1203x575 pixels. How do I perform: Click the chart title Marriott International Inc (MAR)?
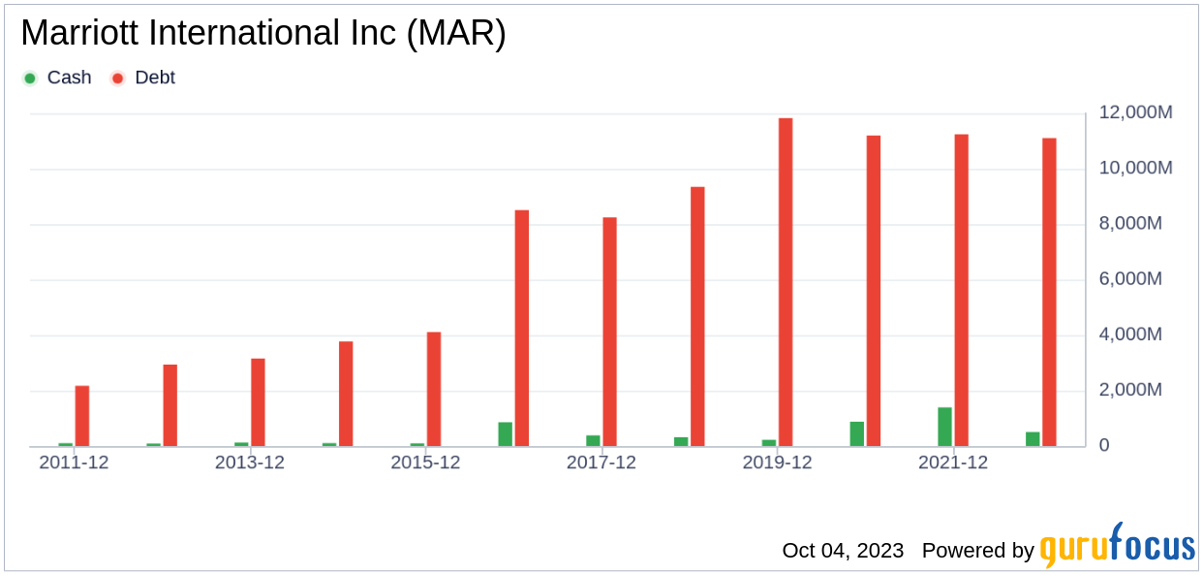point(262,34)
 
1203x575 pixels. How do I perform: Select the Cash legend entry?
point(57,78)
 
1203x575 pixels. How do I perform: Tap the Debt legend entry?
point(144,78)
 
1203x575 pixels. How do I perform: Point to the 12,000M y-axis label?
point(1136,112)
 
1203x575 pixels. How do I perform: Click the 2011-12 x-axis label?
point(74,463)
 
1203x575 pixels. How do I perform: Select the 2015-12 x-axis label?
point(425,463)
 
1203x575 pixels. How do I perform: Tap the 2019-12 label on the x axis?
point(777,463)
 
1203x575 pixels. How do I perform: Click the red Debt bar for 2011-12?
point(82,416)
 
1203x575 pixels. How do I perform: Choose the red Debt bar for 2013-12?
point(258,402)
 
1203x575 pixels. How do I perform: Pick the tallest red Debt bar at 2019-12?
point(786,282)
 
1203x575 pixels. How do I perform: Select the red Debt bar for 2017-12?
point(609,332)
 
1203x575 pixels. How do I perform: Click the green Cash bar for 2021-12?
point(944,427)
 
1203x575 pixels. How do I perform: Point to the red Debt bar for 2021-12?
point(961,290)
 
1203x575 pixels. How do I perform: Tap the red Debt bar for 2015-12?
point(434,389)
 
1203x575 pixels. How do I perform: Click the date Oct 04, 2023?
point(843,551)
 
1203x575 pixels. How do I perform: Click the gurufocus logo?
point(1118,545)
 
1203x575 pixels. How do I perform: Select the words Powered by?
point(978,551)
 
